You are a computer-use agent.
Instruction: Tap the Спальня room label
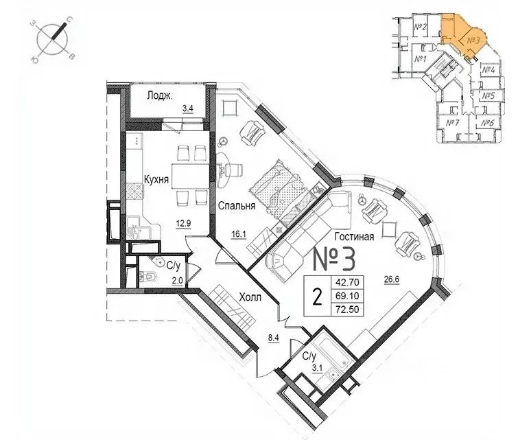237,205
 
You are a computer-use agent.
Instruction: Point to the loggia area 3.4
187,108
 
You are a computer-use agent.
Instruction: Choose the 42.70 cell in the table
344,281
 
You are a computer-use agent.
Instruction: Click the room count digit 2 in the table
316,297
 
